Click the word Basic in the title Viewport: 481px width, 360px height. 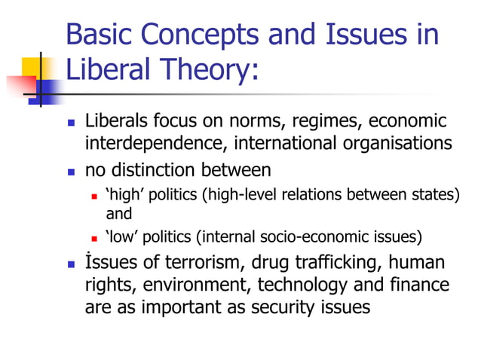(99, 36)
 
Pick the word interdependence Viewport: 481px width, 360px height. (156, 142)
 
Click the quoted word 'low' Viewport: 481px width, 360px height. (124, 238)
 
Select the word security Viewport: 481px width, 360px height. (292, 307)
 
